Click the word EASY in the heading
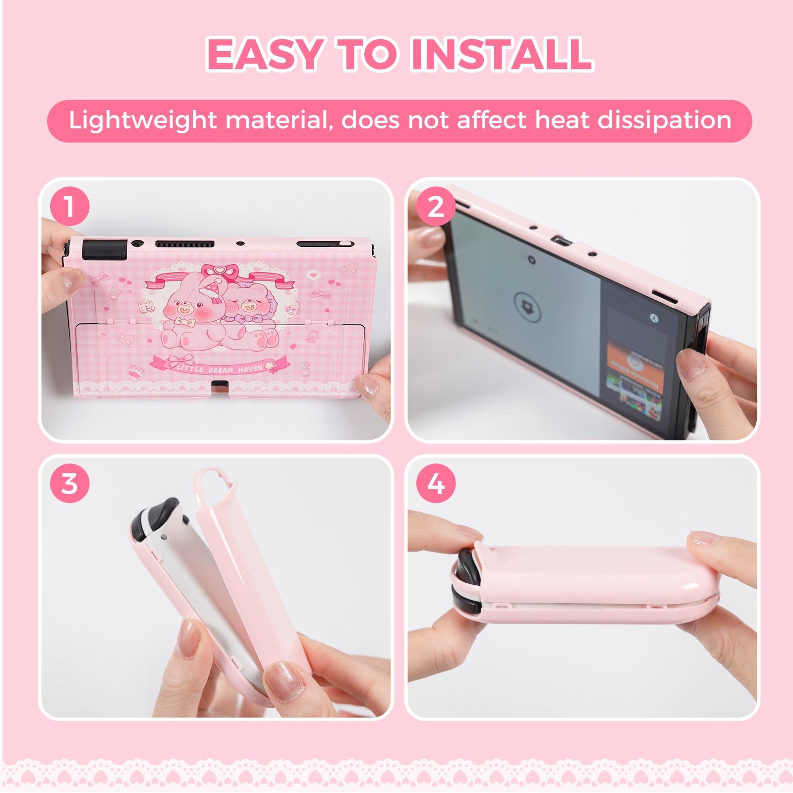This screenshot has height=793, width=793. point(265,54)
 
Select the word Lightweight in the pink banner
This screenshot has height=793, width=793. point(143,120)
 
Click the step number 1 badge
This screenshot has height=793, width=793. point(69,206)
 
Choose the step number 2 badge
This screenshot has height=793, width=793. point(436,206)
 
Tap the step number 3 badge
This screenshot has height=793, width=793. point(69,483)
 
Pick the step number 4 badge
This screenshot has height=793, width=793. point(436,483)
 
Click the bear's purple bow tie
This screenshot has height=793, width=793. point(245,318)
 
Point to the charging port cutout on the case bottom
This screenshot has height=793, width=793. point(220,385)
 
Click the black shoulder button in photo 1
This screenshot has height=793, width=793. point(105,249)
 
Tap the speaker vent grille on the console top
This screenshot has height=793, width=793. point(184,244)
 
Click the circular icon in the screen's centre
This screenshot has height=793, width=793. point(527,307)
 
